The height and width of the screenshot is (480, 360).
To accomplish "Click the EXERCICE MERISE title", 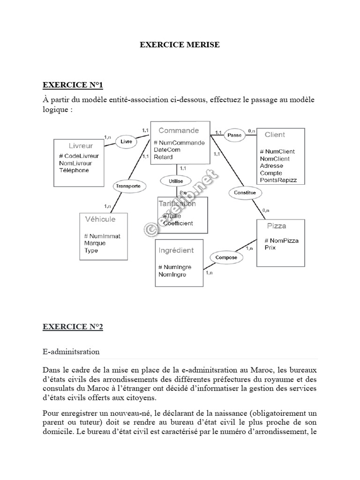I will tap(180, 45).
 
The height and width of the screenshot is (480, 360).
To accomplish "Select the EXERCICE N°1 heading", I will tap(73, 85).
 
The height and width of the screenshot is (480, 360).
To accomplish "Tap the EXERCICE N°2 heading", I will tap(73, 327).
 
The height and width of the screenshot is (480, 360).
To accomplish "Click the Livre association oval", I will tap(126, 142).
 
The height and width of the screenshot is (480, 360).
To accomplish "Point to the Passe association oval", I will tap(234, 135).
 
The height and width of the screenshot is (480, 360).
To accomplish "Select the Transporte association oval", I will tap(127, 186).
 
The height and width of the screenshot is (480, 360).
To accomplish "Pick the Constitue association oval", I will tap(245, 193).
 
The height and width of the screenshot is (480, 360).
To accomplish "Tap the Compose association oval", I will tap(226, 257).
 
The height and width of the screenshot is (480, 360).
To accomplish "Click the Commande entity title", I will tap(179, 131).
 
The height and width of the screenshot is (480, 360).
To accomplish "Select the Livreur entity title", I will tap(81, 146).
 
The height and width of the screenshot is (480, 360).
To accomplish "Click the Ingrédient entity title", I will tap(176, 251).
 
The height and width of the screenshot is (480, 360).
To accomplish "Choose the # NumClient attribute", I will tap(277, 151).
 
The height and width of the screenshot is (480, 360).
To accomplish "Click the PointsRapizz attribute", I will tap(278, 180).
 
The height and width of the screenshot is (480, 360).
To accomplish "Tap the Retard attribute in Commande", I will tap(163, 157).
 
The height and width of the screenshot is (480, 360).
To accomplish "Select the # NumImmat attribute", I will tap(102, 236).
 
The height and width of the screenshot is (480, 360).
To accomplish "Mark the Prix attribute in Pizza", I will tap(270, 247).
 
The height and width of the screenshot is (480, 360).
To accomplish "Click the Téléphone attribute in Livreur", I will tap(74, 171).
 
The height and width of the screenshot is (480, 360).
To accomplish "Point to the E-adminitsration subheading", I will tap(71, 351).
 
